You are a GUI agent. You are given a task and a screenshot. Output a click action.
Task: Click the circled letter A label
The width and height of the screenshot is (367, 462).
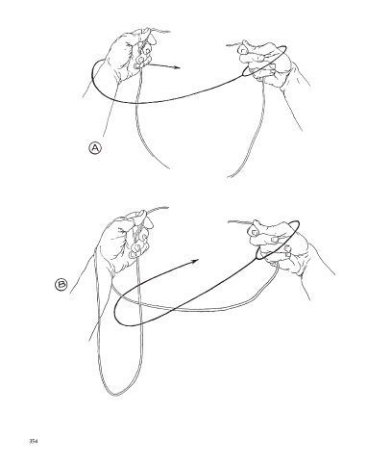[95, 148]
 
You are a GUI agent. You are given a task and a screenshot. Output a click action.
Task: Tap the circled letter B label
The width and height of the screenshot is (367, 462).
[61, 285]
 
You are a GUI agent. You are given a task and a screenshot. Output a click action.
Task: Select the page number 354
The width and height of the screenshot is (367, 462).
[34, 441]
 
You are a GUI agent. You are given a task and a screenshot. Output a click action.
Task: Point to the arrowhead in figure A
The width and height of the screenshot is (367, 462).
[177, 67]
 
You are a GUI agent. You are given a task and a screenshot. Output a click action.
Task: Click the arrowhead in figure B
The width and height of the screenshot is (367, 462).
[195, 261]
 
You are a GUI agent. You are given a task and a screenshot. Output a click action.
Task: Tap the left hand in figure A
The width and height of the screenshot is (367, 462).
[128, 56]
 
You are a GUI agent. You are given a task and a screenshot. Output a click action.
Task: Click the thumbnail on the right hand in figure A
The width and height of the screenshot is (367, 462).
[243, 50]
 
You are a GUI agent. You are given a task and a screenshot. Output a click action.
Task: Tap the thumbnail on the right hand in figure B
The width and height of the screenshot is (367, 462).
[254, 232]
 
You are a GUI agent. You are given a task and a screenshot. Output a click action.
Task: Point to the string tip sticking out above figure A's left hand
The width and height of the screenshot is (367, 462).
[168, 32]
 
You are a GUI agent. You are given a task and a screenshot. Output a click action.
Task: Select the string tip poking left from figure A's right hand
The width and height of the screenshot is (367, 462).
[228, 45]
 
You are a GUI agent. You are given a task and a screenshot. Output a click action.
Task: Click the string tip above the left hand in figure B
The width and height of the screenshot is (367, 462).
[166, 208]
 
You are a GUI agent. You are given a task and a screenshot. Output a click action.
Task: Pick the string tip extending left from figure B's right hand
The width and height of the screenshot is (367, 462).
[229, 221]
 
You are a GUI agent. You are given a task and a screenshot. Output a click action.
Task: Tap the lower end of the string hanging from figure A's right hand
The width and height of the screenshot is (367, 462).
[228, 176]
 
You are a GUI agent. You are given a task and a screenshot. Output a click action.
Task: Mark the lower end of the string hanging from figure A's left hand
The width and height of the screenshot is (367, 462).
[168, 167]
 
